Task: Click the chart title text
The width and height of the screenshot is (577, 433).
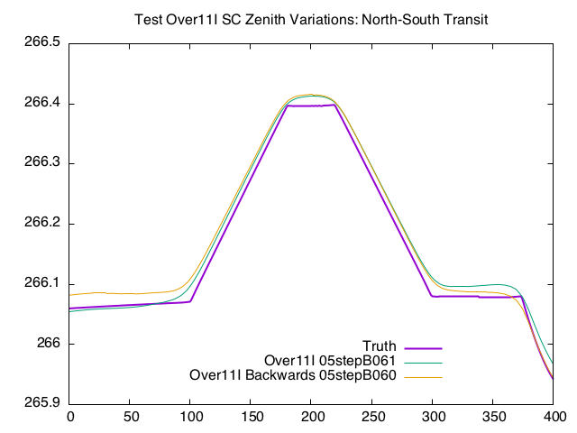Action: tap(310, 19)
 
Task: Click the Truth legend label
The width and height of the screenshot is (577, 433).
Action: tap(380, 347)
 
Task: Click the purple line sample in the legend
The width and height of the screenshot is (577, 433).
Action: tap(423, 347)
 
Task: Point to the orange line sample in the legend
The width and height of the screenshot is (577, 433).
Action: tap(423, 376)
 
